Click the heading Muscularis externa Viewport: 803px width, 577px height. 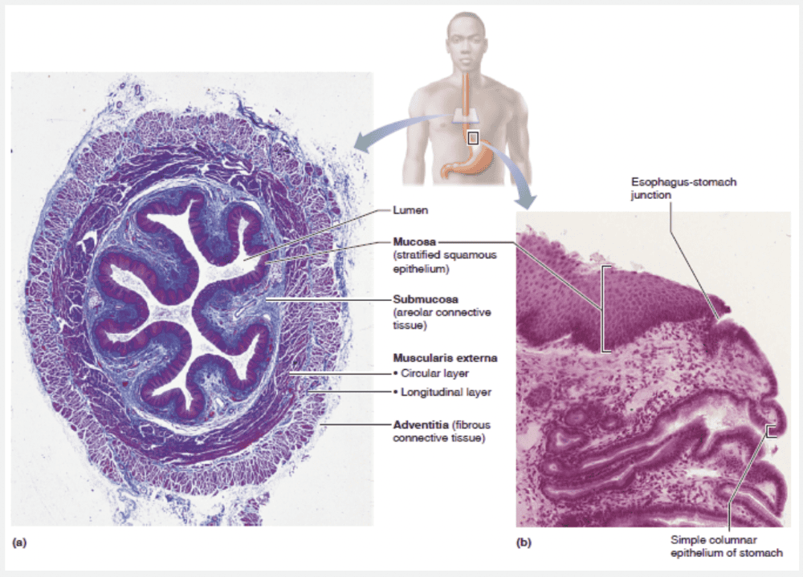[434, 357]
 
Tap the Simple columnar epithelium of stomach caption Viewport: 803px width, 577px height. [726, 546]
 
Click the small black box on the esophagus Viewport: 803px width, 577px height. [473, 138]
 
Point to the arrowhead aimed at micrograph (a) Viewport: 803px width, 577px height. [365, 144]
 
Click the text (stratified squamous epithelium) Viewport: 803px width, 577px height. [445, 262]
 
